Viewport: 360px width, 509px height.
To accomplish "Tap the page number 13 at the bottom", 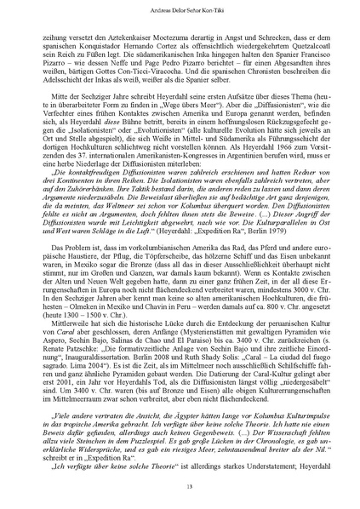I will coord(180,486).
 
